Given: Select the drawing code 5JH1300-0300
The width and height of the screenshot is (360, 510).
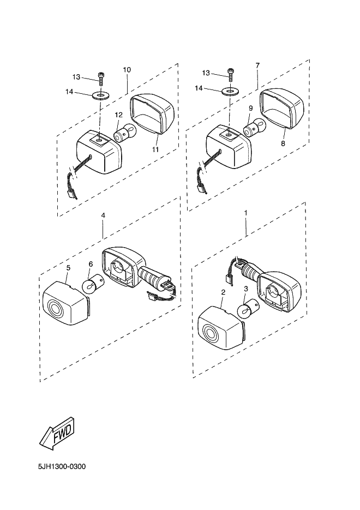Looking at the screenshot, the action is pyautogui.click(x=62, y=467).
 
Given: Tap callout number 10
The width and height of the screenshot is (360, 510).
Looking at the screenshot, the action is pyautogui.click(x=127, y=70).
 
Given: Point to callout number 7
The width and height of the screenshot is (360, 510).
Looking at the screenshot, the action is pyautogui.click(x=257, y=65).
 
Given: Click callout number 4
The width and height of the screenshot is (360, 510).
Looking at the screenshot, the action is pyautogui.click(x=103, y=215).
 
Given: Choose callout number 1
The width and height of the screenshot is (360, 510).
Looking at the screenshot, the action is pyautogui.click(x=246, y=212).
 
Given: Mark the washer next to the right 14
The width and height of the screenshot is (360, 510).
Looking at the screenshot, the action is pyautogui.click(x=231, y=91).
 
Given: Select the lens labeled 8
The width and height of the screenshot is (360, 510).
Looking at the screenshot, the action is pyautogui.click(x=282, y=109).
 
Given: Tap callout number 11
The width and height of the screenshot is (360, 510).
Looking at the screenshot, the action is pyautogui.click(x=155, y=149).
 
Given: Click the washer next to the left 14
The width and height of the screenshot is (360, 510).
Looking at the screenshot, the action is pyautogui.click(x=101, y=95).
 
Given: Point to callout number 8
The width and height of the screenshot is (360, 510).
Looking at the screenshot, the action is pyautogui.click(x=283, y=143).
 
